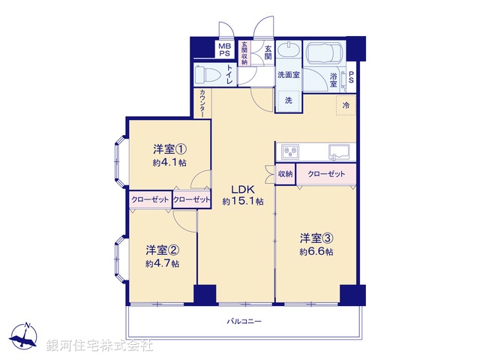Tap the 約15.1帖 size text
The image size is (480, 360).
[x=243, y=202]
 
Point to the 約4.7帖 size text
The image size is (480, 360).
[x=162, y=263]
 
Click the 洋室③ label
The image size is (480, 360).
[x=316, y=238]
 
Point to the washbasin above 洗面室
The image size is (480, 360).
[x=288, y=52]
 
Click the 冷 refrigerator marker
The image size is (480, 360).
[x=346, y=106]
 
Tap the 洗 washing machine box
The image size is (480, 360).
[x=288, y=100]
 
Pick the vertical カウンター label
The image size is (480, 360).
[x=203, y=103]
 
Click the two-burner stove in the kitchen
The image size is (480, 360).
[x=291, y=152]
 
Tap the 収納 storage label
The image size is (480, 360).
[x=285, y=174]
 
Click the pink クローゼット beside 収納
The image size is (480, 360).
[x=326, y=174]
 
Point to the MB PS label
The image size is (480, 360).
[x=224, y=49]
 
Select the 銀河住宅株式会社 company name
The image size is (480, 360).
[x=100, y=346]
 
